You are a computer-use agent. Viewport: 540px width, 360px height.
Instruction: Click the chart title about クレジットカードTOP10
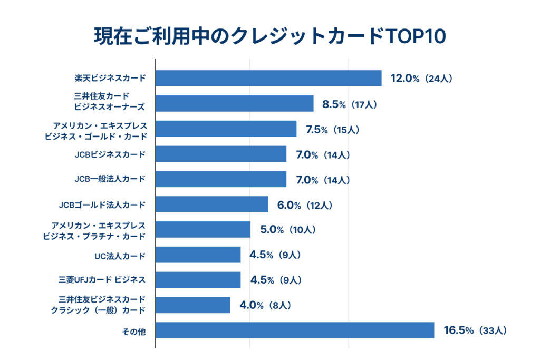pyautogui.click(x=269, y=36)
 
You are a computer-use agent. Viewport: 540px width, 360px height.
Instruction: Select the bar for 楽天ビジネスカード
pyautogui.click(x=268, y=79)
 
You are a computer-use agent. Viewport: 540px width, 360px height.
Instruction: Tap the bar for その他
pyautogui.click(x=295, y=330)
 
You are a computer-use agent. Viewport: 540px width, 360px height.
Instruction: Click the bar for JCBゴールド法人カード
pyautogui.click(x=212, y=205)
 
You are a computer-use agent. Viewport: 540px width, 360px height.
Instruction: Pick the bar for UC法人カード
pyautogui.click(x=198, y=255)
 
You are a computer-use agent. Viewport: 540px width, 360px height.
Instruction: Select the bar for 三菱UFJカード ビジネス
pyautogui.click(x=198, y=280)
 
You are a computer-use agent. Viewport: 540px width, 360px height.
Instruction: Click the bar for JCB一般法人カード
pyautogui.click(x=221, y=179)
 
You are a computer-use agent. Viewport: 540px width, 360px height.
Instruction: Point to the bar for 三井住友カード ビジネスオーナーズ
pyautogui.click(x=235, y=104)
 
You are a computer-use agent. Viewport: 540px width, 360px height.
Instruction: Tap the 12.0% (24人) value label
pyautogui.click(x=421, y=79)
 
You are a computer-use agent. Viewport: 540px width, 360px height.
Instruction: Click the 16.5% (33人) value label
pyautogui.click(x=475, y=331)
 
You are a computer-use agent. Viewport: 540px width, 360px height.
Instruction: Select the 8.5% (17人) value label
pyautogui.click(x=349, y=104)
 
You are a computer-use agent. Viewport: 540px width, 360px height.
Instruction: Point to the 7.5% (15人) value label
pyautogui.click(x=332, y=130)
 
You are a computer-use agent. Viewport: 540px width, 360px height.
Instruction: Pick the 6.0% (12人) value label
pyautogui.click(x=304, y=205)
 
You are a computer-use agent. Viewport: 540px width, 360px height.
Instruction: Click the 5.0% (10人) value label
pyautogui.click(x=287, y=230)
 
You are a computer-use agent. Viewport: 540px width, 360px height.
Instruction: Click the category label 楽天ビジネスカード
pyautogui.click(x=110, y=79)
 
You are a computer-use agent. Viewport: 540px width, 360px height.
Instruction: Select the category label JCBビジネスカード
pyautogui.click(x=110, y=154)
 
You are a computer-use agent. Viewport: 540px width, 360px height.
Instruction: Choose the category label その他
pyautogui.click(x=135, y=331)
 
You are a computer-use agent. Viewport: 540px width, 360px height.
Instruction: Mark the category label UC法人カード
pyautogui.click(x=120, y=256)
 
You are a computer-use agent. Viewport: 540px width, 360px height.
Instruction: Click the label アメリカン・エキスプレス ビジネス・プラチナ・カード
pyautogui.click(x=94, y=230)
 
